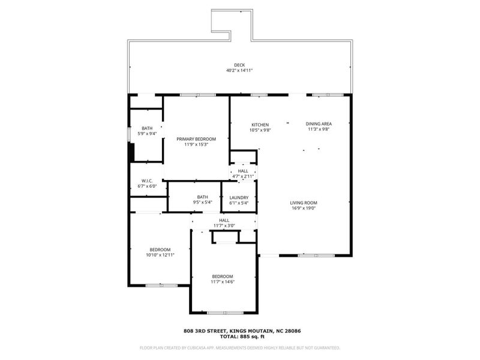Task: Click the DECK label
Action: (x=239, y=65)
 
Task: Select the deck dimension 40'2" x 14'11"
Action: (x=239, y=70)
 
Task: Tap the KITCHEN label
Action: (x=260, y=125)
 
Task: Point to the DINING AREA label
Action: (x=319, y=124)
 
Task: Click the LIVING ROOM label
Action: (x=304, y=203)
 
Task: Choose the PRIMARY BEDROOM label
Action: (x=196, y=139)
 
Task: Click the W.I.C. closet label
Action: (x=147, y=181)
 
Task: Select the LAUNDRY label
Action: (x=239, y=198)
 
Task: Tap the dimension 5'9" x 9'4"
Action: (x=147, y=133)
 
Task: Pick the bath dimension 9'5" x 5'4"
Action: (x=203, y=202)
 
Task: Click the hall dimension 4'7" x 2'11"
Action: (x=243, y=176)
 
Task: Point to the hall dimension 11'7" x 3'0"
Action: (x=224, y=226)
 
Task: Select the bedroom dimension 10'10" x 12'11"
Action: (x=160, y=254)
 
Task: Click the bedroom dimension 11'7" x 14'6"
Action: (x=223, y=281)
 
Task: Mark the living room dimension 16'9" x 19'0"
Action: (x=304, y=208)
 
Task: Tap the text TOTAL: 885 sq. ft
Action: (x=242, y=337)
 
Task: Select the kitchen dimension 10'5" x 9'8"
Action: (x=260, y=130)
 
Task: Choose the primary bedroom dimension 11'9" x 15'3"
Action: (x=196, y=145)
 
